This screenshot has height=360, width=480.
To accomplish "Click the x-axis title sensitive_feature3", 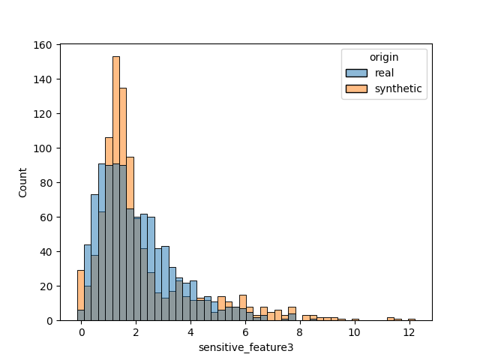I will coord(245,348).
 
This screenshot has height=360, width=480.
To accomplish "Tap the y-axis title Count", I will coord(22,183).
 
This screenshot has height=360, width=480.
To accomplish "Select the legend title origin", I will coord(384,57).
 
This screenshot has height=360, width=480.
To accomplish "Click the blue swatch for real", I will coord(357,73).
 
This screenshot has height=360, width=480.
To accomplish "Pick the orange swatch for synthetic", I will coord(357,88).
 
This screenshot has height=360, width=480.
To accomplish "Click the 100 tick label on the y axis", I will coord(43,148).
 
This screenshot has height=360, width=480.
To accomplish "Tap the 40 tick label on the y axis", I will coord(46,252).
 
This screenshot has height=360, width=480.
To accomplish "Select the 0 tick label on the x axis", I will coord(82,331).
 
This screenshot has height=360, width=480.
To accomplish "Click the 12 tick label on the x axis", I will coord(409,331).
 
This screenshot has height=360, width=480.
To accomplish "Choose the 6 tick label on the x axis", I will coord(245,331).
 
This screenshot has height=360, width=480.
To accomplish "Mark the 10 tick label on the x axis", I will coord(354,331).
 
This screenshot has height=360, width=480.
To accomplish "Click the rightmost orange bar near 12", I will coord(412,319).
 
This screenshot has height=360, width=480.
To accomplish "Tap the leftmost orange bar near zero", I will coord(80,296).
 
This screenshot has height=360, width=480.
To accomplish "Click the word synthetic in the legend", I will coord(399,88).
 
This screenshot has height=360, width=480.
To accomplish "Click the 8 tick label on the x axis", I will coord(300,331).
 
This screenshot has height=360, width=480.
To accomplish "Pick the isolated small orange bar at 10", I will coord(355,319).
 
